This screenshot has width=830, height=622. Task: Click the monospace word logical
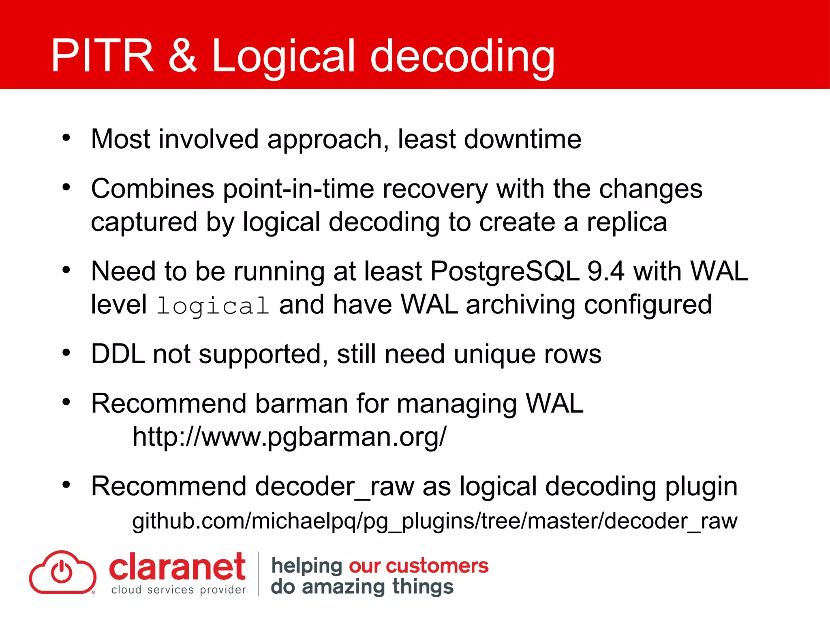click(213, 306)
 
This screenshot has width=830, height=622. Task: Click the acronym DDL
click(118, 354)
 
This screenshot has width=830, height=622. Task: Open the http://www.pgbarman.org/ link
click(289, 437)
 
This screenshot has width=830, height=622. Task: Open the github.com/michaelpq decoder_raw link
click(434, 521)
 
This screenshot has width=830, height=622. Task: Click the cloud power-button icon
click(62, 572)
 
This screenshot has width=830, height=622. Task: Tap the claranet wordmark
click(177, 567)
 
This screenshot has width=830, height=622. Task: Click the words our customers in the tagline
click(418, 566)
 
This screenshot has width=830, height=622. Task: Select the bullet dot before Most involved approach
click(66, 138)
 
